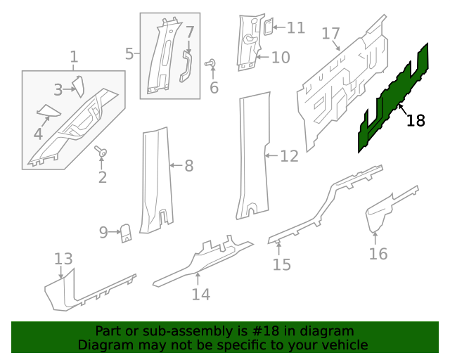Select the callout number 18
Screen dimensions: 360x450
point(416,120)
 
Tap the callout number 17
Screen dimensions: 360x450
point(331,33)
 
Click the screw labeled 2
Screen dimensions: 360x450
point(103,152)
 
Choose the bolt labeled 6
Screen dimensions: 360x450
point(210,64)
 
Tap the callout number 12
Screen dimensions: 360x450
point(289,155)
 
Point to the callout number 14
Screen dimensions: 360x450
point(201,295)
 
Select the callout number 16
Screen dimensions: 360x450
point(378,254)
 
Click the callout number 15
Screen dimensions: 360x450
point(282,264)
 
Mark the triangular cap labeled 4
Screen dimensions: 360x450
point(48,110)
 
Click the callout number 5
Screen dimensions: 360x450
point(129,53)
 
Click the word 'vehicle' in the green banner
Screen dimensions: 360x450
point(342,345)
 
